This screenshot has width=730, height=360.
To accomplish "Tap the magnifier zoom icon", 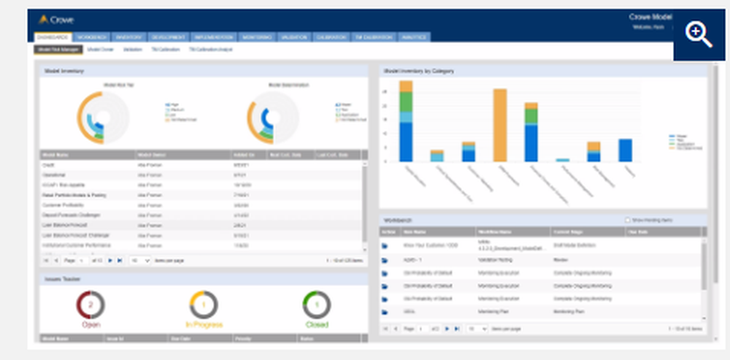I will coord(699,34).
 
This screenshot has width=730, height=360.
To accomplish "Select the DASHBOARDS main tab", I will coord(53,37).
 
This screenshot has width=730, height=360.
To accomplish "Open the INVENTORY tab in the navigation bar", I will coord(128,37).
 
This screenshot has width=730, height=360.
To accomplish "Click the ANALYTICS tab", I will coord(414,37).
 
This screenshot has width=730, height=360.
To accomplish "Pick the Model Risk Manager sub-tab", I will coord(58,50).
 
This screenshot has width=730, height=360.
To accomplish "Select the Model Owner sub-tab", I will coord(101,50).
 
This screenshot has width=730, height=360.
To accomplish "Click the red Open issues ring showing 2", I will coord(91,305).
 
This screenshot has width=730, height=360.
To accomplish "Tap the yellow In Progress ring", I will coord(204,305).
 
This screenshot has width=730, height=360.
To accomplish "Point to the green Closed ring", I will coord(316,305).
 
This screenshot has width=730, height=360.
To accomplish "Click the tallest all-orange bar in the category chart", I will coord(500,125).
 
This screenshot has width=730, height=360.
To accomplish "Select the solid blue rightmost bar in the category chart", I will coord(625,150).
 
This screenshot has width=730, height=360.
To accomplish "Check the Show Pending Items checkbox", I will coord(627,220).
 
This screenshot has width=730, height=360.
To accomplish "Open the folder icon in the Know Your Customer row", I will coord(385,245).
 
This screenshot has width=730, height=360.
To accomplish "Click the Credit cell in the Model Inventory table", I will coord(50,165).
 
